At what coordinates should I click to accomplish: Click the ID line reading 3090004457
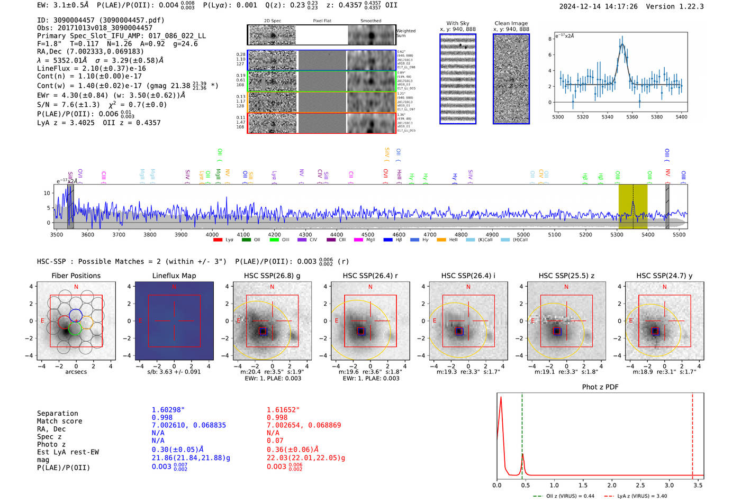pyautogui.click(x=101, y=20)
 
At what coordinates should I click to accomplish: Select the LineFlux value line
pyautogui.click(x=91, y=68)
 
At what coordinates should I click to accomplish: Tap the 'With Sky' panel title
pyautogui.click(x=458, y=23)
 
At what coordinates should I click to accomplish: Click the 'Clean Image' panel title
pyautogui.click(x=511, y=23)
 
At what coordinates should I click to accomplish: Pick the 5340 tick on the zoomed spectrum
pyautogui.click(x=607, y=117)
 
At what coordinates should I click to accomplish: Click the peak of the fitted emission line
pyautogui.click(x=622, y=44)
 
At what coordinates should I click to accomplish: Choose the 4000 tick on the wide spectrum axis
pyautogui.click(x=212, y=234)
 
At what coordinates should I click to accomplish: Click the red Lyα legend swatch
pyautogui.click(x=218, y=240)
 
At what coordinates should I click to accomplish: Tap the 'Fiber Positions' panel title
pyautogui.click(x=76, y=276)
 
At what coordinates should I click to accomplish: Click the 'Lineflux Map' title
pyautogui.click(x=174, y=276)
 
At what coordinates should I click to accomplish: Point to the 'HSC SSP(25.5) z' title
pyautogui.click(x=566, y=276)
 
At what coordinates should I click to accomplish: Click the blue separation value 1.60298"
pyautogui.click(x=168, y=410)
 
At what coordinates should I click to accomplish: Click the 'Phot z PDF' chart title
pyautogui.click(x=600, y=387)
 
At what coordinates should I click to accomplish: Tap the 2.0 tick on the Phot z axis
pyautogui.click(x=611, y=485)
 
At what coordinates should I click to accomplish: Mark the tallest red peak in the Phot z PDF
pyautogui.click(x=501, y=398)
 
